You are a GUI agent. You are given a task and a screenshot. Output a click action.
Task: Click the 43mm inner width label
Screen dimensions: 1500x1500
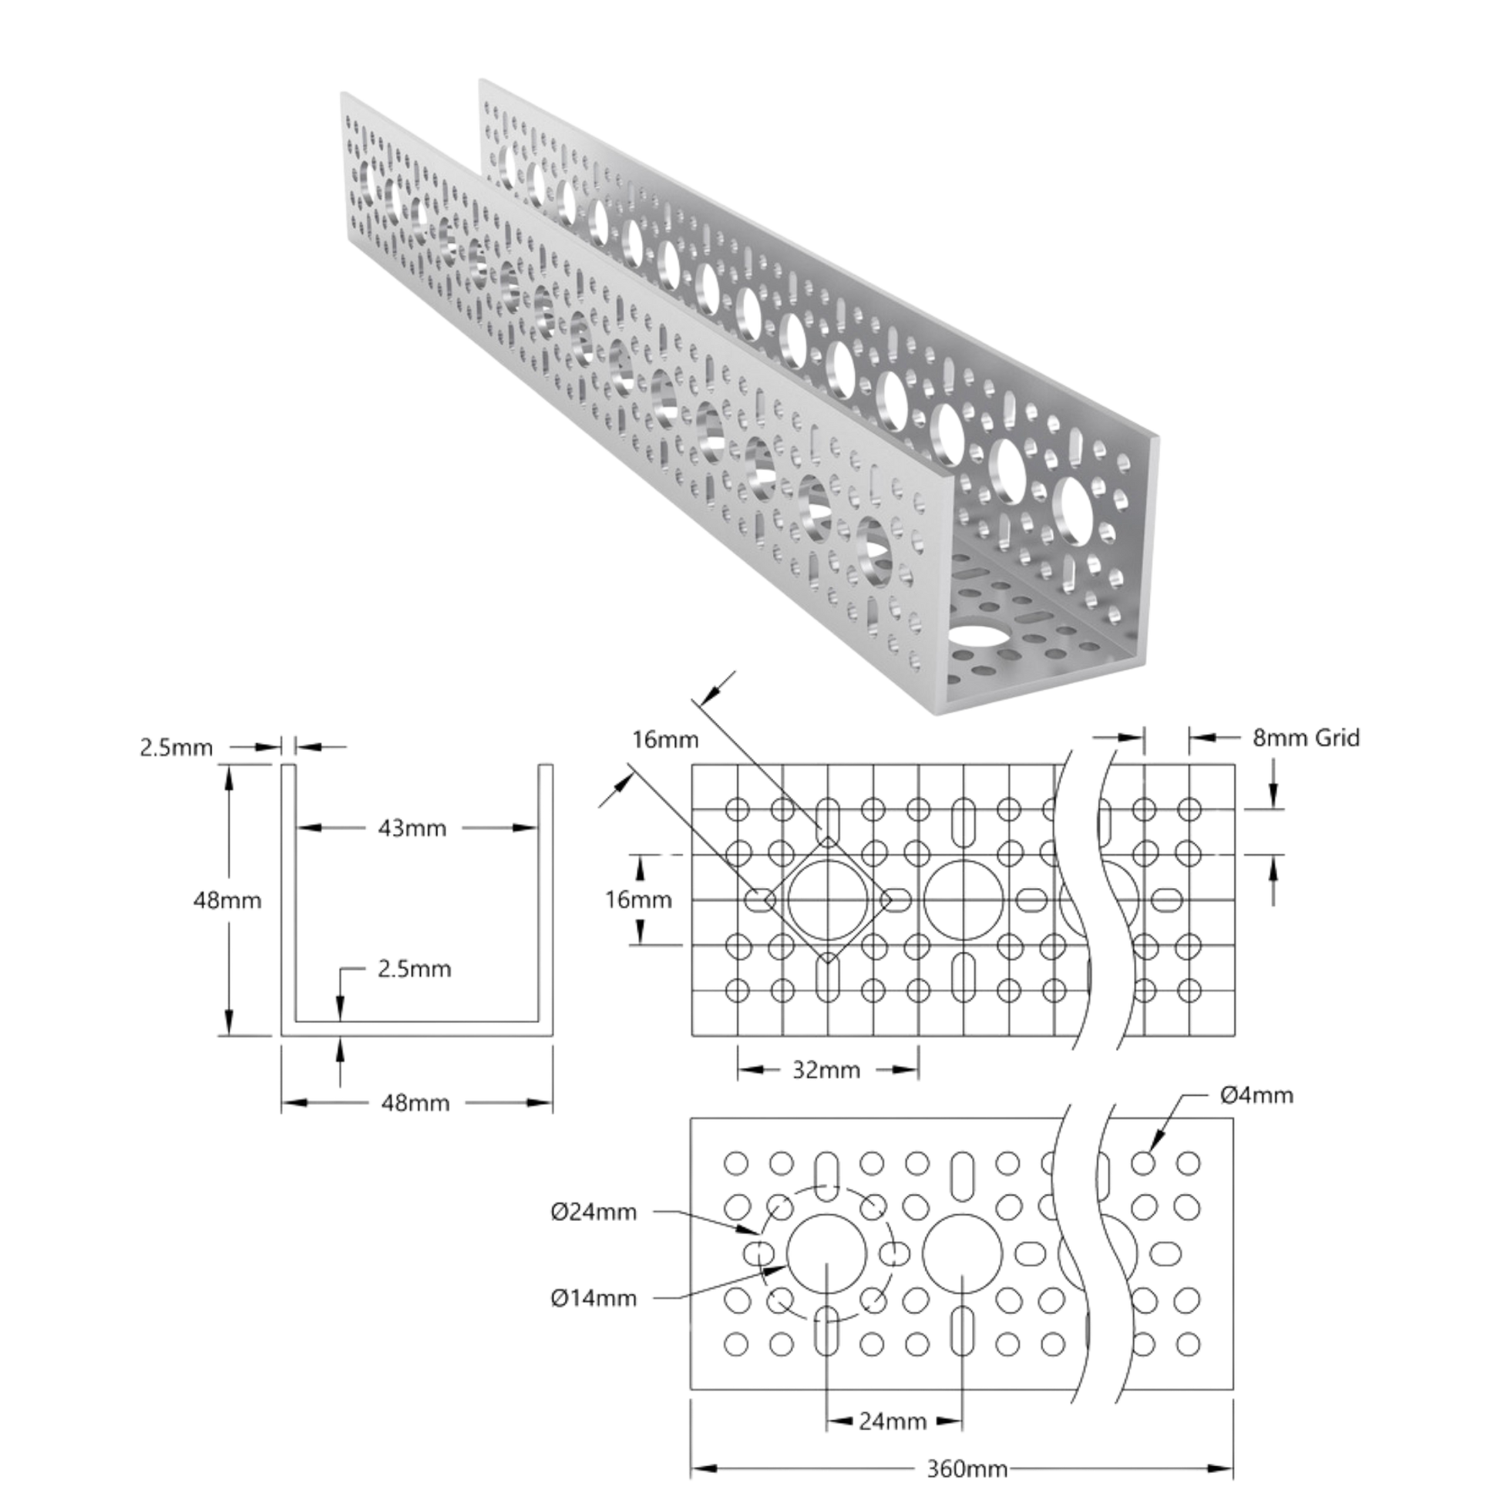point(412,829)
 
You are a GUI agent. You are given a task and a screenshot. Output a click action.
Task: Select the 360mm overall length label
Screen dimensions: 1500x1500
point(967,1469)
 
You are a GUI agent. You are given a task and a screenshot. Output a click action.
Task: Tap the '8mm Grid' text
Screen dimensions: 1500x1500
point(1306,738)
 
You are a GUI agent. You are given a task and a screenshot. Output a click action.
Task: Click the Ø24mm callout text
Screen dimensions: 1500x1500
point(594,1212)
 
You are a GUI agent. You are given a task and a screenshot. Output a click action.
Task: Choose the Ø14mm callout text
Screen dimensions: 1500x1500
point(594,1298)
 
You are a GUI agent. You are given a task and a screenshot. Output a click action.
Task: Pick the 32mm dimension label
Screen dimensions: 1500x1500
point(826,1070)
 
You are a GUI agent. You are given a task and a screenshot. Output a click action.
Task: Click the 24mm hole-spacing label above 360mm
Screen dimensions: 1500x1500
point(893,1421)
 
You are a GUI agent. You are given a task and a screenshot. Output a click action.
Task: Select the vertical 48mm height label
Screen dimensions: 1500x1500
point(227,900)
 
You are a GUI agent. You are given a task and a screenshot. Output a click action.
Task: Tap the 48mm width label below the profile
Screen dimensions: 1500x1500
point(415,1102)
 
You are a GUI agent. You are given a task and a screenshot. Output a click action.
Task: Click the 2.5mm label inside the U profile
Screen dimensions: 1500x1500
point(415,969)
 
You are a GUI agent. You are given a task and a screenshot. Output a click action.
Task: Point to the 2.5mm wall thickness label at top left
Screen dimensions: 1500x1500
point(177,748)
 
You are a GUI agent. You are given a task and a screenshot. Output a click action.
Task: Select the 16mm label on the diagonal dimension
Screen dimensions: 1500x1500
point(665,739)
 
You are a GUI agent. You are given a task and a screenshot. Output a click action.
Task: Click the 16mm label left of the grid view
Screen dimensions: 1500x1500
point(639,900)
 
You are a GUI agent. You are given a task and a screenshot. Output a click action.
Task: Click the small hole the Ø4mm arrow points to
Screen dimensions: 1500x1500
point(1143,1163)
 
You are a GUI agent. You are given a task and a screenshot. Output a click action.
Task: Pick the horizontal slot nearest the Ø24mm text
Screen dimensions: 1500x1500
point(759,1253)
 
